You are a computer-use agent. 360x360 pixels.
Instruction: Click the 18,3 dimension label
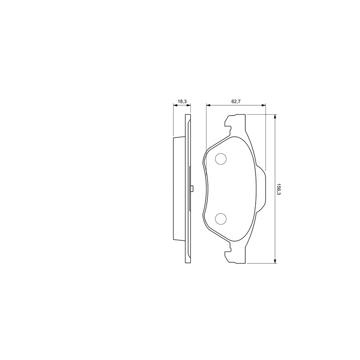coord(182,101)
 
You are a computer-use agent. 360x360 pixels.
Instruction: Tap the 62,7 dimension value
coord(236,101)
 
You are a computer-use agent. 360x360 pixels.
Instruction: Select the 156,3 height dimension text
coord(279,189)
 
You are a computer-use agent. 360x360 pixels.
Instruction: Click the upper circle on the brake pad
coord(220,159)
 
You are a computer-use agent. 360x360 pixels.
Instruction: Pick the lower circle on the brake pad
coord(220,219)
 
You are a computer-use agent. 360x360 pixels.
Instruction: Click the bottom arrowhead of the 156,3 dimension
coord(275,261)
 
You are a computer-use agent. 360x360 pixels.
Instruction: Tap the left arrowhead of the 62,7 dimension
coord(208,105)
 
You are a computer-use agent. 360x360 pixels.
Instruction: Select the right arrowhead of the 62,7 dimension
coord(264,105)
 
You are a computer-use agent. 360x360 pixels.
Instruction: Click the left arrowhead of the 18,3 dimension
coord(175,105)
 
